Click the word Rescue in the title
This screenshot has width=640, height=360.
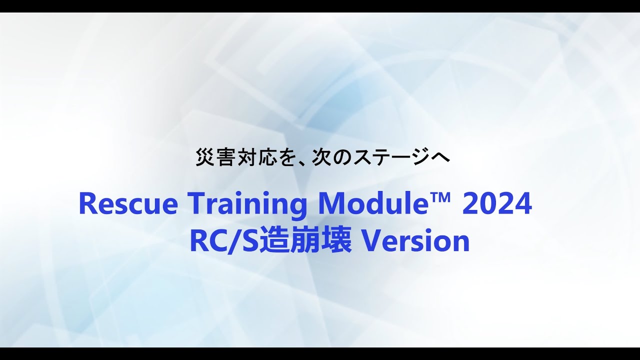[128, 204]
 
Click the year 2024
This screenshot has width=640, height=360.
[497, 204]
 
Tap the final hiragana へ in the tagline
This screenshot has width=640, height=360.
[440, 157]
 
